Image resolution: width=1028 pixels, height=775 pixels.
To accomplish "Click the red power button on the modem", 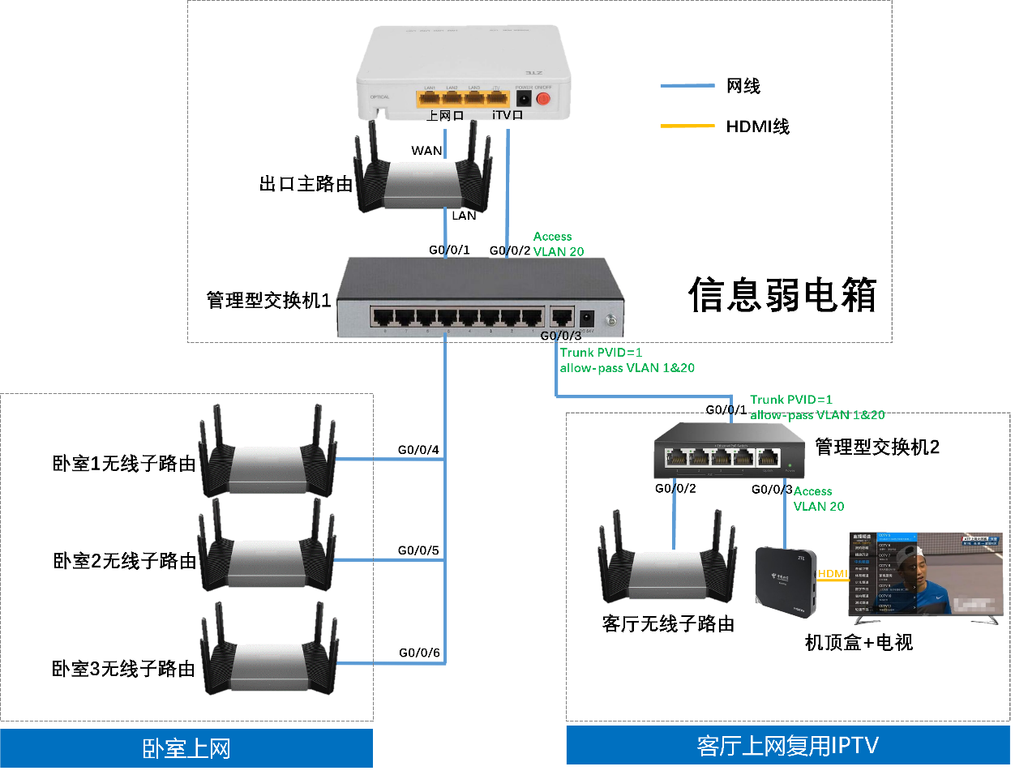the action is [x=543, y=99].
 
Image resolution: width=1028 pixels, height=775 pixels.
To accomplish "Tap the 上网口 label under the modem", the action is [x=446, y=116].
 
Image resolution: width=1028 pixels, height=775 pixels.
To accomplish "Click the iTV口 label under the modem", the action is [x=508, y=115].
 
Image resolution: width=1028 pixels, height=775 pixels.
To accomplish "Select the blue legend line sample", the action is [x=687, y=85].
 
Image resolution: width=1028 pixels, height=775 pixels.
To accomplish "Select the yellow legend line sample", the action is [x=687, y=126].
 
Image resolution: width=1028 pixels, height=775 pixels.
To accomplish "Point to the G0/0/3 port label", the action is [x=561, y=336].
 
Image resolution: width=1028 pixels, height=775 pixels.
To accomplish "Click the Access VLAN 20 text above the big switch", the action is [x=558, y=244].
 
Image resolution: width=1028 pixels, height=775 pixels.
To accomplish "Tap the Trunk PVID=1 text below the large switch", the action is [x=601, y=353].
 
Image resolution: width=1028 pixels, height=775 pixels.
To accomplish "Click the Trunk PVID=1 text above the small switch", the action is [x=790, y=400].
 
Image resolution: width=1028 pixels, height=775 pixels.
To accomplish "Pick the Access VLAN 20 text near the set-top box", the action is [x=818, y=499].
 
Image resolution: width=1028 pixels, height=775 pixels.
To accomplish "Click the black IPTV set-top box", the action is [x=785, y=581].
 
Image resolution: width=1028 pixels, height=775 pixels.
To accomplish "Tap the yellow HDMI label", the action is [x=833, y=574].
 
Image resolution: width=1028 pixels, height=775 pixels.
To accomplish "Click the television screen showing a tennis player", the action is [x=926, y=574].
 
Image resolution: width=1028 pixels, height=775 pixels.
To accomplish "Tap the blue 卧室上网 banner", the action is [x=186, y=748].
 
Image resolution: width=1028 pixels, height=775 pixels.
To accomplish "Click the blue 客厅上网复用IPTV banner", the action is [x=787, y=745].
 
